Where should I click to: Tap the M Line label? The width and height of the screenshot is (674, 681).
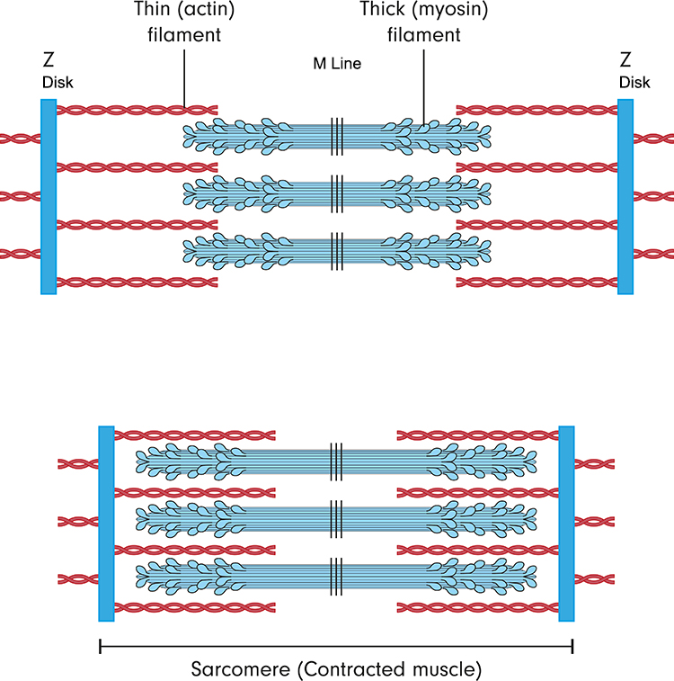click(x=337, y=64)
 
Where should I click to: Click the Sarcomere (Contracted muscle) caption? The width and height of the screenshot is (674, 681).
click(x=336, y=670)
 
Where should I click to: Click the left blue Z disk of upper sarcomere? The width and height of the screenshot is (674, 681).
click(x=49, y=196)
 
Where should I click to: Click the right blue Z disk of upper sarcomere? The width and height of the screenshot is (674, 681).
click(x=625, y=196)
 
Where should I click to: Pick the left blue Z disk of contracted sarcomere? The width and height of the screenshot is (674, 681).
click(x=106, y=523)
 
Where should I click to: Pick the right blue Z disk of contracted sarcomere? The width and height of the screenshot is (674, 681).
click(x=567, y=523)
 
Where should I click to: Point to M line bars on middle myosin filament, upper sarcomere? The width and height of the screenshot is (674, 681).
click(x=337, y=190)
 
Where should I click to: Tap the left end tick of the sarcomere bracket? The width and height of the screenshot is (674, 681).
click(x=100, y=645)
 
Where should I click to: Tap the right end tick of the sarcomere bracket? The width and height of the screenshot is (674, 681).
click(x=572, y=645)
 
